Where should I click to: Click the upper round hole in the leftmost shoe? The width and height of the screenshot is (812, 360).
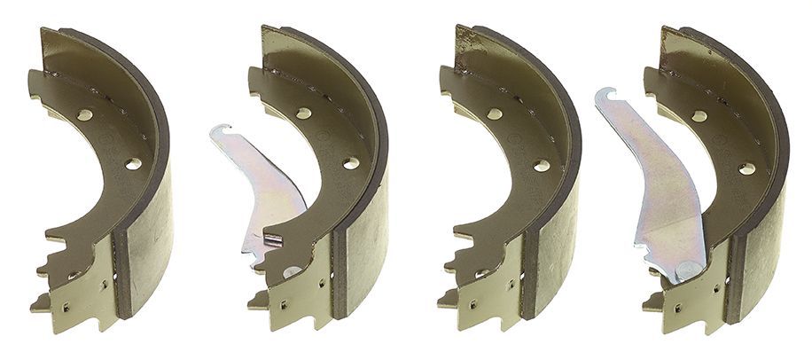pyautogui.click(x=84, y=114)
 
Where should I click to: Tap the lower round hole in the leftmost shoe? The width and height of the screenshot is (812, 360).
pyautogui.click(x=133, y=164)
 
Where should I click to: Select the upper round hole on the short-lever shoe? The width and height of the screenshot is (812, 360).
pyautogui.click(x=303, y=113)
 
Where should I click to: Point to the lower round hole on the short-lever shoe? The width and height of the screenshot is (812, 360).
pyautogui.click(x=351, y=163)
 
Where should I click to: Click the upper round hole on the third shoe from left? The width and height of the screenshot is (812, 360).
pyautogui.click(x=494, y=113)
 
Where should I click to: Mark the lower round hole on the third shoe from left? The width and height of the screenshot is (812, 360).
pyautogui.click(x=541, y=165)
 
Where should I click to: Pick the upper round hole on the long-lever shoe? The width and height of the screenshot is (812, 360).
pyautogui.click(x=699, y=116)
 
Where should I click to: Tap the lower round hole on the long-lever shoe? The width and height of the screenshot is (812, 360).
pyautogui.click(x=746, y=168)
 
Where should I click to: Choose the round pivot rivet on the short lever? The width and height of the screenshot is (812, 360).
pyautogui.click(x=292, y=270)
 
